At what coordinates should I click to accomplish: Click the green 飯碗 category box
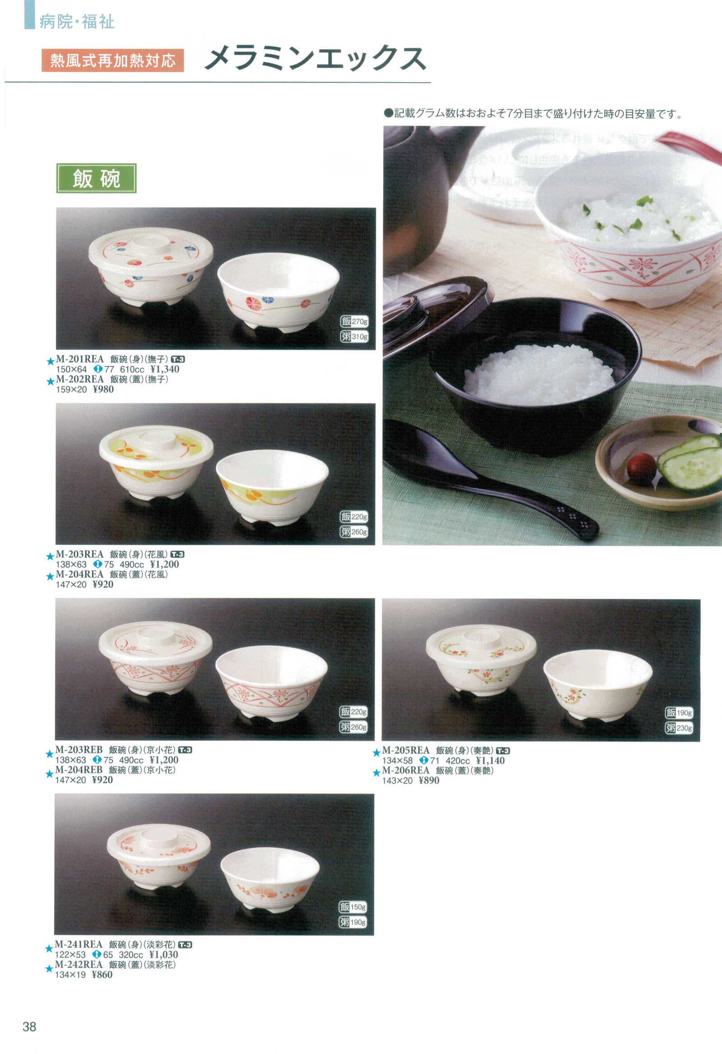coord(96,178)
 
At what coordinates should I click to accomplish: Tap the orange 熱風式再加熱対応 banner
coord(112,60)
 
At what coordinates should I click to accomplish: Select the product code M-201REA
coord(80,360)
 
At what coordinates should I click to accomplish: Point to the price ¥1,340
coord(165,370)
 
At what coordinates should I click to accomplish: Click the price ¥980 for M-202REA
coord(103,389)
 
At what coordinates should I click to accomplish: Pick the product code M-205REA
coord(405,751)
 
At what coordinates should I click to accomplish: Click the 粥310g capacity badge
coord(354,337)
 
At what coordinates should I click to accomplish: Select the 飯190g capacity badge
coord(679,713)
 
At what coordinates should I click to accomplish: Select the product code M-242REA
coord(79,965)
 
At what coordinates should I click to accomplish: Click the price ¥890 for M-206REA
coord(429,781)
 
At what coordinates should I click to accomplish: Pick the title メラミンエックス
coord(315,59)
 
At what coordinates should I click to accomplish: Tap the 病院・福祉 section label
coord(77,22)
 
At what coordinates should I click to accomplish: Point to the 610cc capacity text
coord(132,370)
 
